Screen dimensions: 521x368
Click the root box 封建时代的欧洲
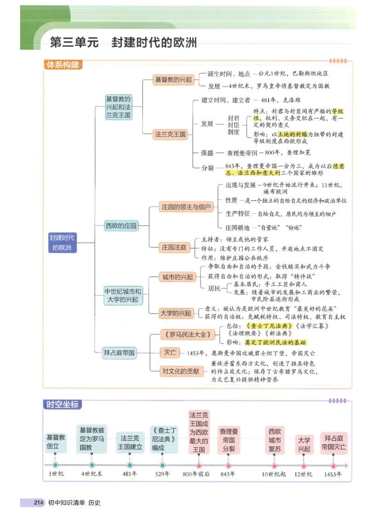(62, 243)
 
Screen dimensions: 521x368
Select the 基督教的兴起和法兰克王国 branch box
(118, 107)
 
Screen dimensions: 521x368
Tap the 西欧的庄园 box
(121, 226)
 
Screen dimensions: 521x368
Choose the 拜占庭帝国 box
(119, 353)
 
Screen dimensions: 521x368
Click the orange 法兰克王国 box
(171, 134)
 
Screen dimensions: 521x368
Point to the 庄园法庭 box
(174, 248)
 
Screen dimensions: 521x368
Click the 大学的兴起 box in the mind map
(175, 313)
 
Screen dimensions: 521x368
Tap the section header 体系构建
(63, 65)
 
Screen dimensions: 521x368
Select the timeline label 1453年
(333, 474)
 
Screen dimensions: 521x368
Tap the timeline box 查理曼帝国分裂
(229, 440)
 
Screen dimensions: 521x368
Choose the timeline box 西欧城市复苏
(275, 440)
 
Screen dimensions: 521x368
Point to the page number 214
(38, 503)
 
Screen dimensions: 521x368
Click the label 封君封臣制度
(234, 124)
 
